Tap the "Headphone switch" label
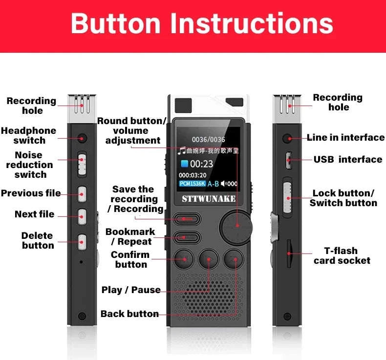pyautogui.click(x=29, y=136)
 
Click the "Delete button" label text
pyautogui.click(x=38, y=240)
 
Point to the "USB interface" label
pyautogui.click(x=348, y=159)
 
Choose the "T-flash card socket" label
pyautogui.click(x=342, y=255)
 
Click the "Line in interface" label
pyautogui.click(x=345, y=137)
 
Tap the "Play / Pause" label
pyautogui.click(x=131, y=290)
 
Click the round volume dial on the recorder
pyautogui.click(x=237, y=225)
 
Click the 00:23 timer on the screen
pyautogui.click(x=201, y=164)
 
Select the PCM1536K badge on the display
pyautogui.click(x=192, y=184)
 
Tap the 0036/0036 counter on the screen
pyautogui.click(x=208, y=140)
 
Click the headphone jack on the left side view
pyautogui.click(x=82, y=138)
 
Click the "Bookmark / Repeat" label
pyautogui.click(x=130, y=236)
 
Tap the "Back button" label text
pyautogui.click(x=129, y=314)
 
